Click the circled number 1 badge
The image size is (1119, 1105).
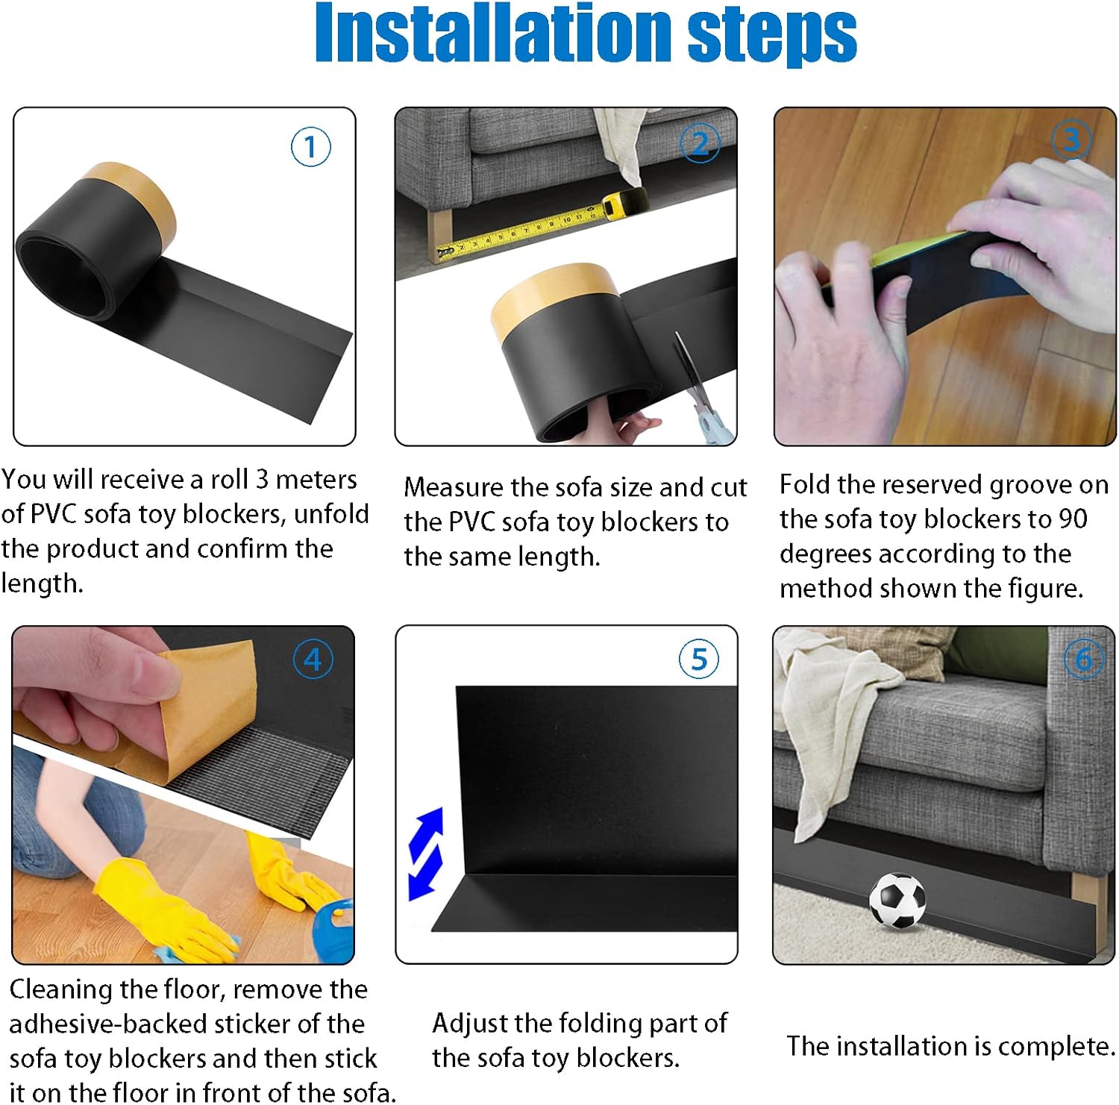(310, 147)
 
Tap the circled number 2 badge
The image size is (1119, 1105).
(700, 143)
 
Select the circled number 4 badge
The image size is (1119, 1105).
(313, 660)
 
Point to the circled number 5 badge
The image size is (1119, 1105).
(699, 659)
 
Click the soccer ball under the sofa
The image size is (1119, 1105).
(897, 901)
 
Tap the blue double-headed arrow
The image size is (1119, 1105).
(426, 854)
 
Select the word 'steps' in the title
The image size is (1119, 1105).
(772, 37)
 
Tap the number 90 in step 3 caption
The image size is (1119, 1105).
(1071, 519)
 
